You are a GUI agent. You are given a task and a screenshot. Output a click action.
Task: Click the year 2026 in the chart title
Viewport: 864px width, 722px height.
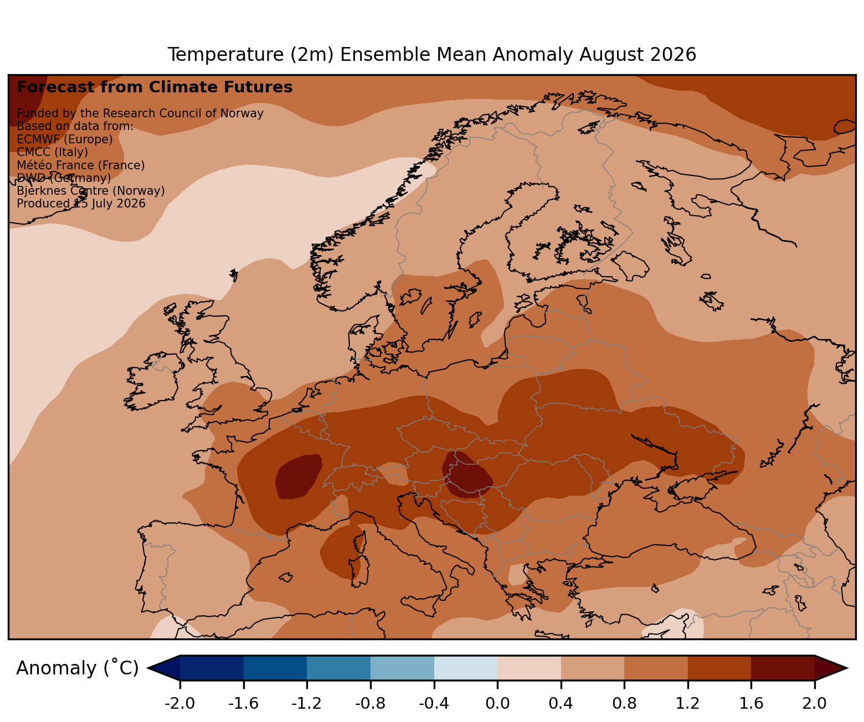click(673, 55)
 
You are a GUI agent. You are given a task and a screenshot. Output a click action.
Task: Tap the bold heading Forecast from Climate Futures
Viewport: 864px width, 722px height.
click(155, 87)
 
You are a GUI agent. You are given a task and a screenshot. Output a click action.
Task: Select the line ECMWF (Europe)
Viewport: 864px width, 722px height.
click(65, 139)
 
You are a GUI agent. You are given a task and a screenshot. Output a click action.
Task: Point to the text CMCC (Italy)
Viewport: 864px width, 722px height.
click(52, 152)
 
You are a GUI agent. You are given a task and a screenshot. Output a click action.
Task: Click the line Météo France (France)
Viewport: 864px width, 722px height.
click(81, 165)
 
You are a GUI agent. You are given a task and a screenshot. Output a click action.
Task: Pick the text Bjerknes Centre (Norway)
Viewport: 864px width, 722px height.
click(91, 191)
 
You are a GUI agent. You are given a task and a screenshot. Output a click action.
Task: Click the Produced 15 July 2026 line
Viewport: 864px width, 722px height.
click(81, 204)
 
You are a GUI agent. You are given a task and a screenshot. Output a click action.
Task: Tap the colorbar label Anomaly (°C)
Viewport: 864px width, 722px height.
click(78, 668)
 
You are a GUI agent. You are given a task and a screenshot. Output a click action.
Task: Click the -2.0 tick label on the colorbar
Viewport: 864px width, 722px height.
click(179, 703)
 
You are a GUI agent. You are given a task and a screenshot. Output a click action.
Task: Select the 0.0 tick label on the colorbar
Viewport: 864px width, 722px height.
click(497, 703)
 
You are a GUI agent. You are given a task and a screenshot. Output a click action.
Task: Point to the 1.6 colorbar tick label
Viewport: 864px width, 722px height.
click(751, 703)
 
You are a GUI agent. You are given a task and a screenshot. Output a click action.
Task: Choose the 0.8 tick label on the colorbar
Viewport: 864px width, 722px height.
click(624, 703)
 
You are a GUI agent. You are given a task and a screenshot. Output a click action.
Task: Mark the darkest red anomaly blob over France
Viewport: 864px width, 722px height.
click(299, 477)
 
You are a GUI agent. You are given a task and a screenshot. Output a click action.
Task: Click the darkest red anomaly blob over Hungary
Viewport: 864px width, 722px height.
click(466, 475)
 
